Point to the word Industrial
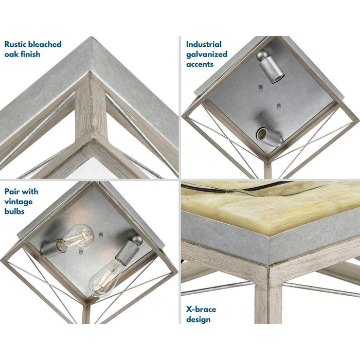point(204,44)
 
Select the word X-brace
point(202,309)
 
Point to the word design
point(199,319)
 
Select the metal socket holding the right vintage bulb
point(125,254)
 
